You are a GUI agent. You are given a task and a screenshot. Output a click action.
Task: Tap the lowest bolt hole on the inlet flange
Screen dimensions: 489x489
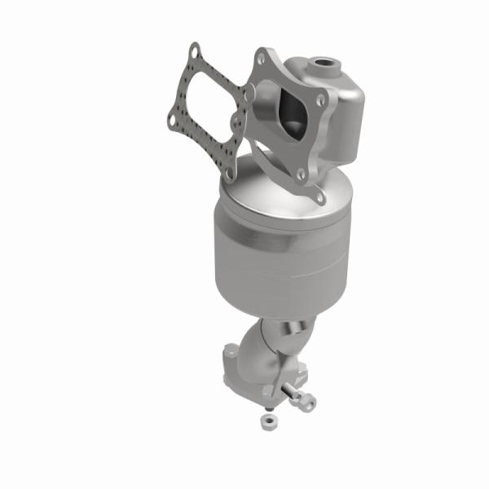click(317, 195)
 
